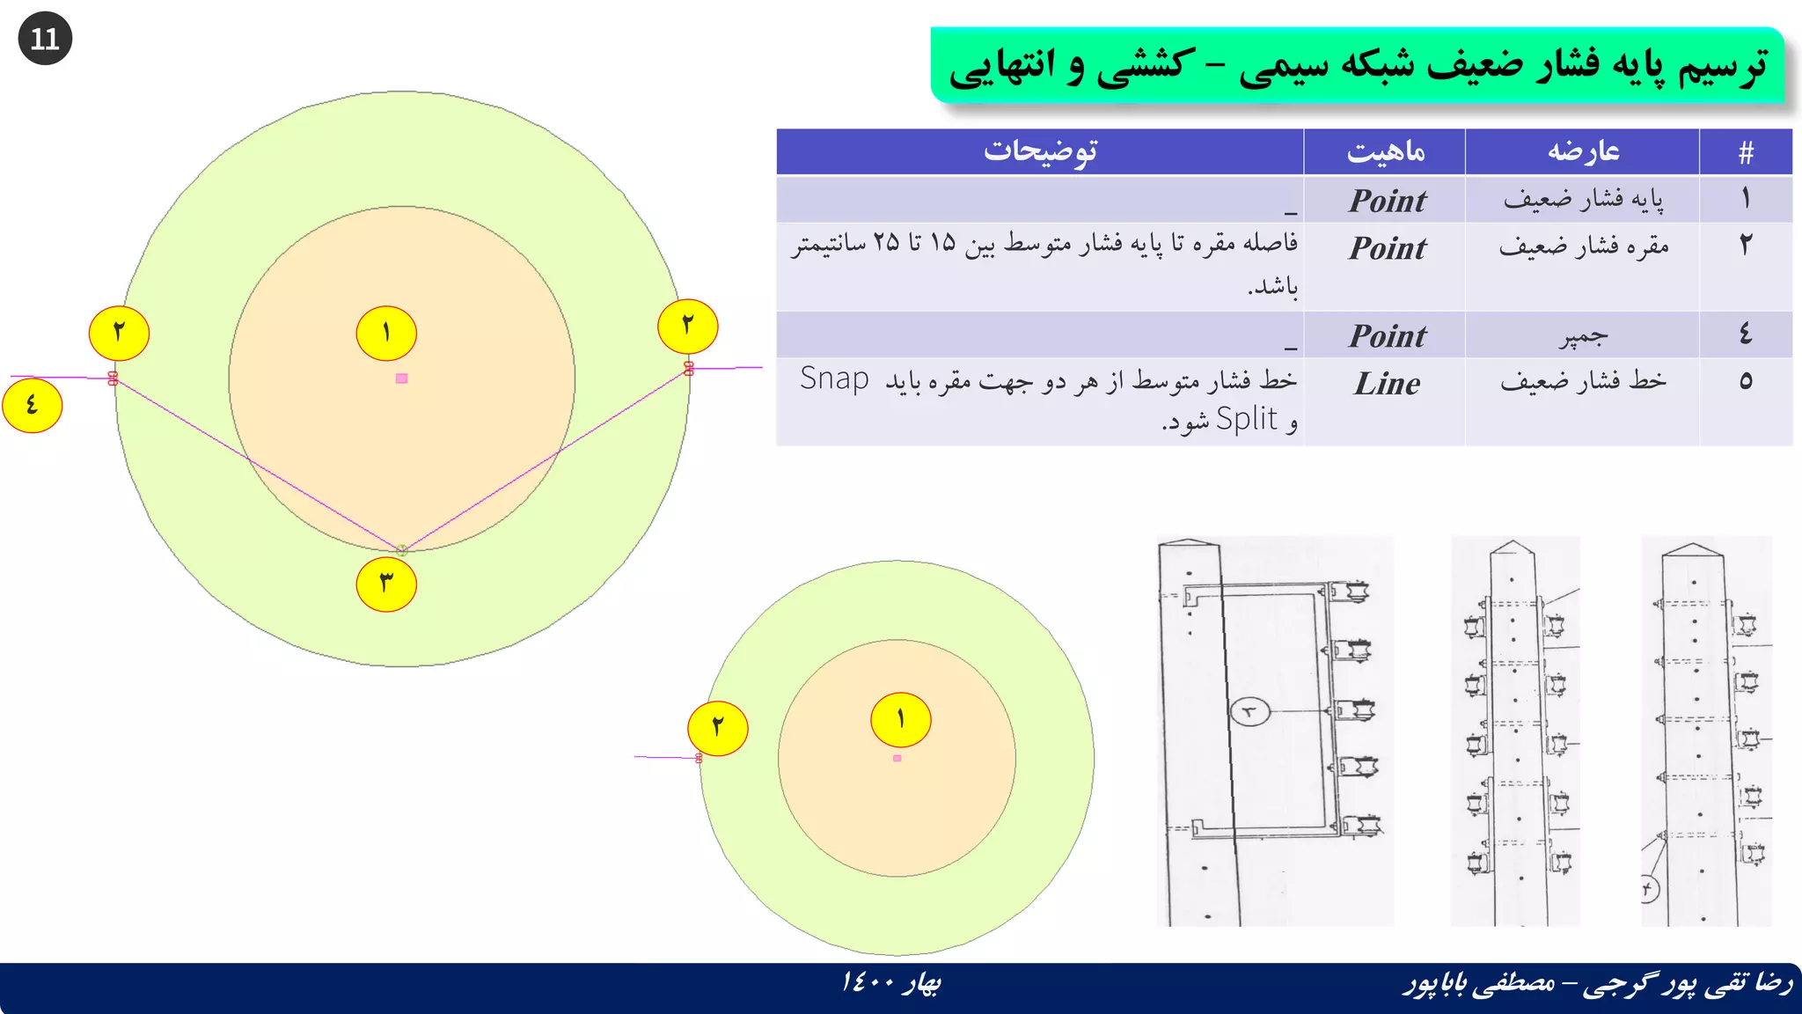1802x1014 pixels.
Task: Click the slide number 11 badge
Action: click(x=45, y=39)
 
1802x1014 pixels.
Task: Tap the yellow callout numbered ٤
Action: click(x=33, y=405)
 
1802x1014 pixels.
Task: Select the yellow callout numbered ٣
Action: click(x=386, y=584)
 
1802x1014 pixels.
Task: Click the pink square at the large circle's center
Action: click(x=402, y=378)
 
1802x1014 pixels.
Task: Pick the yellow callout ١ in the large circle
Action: click(x=386, y=333)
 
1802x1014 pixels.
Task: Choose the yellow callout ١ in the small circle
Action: click(x=900, y=719)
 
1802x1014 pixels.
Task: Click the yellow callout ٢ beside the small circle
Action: click(x=718, y=728)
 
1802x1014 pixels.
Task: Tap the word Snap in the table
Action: click(x=834, y=378)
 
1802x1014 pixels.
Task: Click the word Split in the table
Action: click(x=1246, y=420)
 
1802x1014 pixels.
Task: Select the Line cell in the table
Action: click(x=1387, y=384)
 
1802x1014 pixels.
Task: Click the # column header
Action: click(x=1746, y=152)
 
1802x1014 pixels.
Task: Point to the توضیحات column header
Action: click(x=1040, y=152)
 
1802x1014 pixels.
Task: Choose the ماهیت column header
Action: click(x=1385, y=152)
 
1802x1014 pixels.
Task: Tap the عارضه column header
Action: click(x=1583, y=152)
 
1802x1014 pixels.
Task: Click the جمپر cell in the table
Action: click(x=1583, y=335)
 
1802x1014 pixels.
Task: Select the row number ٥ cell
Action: click(x=1746, y=381)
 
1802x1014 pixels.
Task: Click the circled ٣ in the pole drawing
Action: click(x=1249, y=711)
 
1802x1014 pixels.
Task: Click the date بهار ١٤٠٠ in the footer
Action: click(x=890, y=982)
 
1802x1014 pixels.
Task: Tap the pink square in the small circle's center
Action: click(x=897, y=758)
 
